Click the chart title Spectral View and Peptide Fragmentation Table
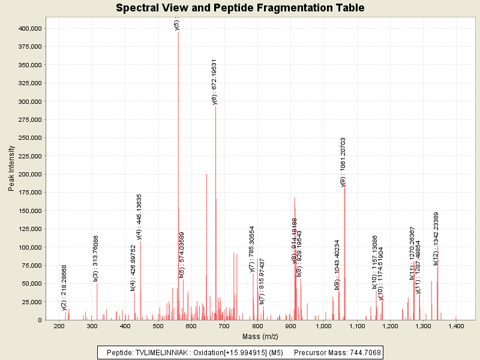[240, 8]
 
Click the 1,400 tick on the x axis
[456, 326]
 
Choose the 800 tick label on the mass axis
[258, 326]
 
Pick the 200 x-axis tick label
[59, 326]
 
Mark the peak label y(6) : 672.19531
[215, 82]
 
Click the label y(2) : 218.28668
[64, 287]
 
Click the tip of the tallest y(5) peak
[178, 31]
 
